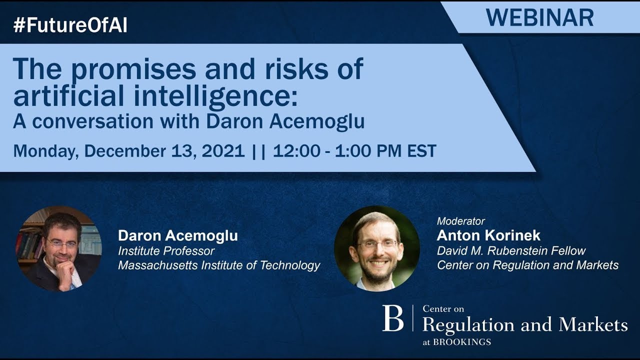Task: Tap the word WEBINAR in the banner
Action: (539, 17)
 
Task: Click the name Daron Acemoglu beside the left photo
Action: (177, 235)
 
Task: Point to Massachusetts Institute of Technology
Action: (219, 265)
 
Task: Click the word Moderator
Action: (460, 220)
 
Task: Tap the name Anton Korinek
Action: (488, 235)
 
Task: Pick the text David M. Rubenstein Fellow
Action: (511, 250)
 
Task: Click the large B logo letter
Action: (392, 318)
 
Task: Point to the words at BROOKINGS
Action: (456, 342)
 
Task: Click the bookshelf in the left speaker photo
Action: (27, 240)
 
